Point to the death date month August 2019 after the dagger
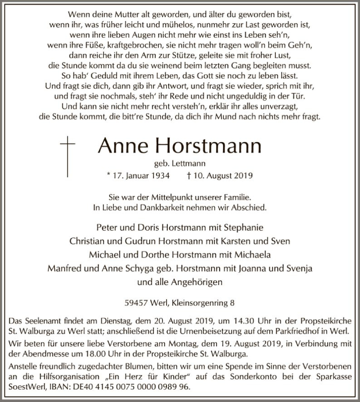[224, 176]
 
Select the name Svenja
[297, 268]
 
